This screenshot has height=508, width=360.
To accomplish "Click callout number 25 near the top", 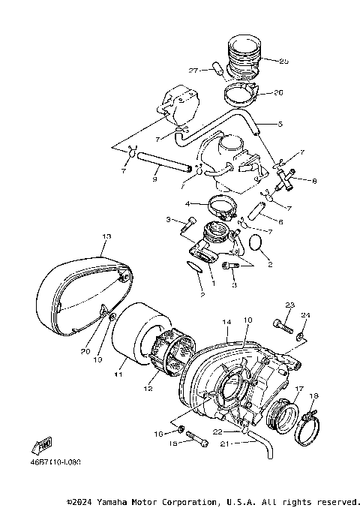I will [283, 62].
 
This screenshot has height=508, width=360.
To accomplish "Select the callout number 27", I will [193, 71].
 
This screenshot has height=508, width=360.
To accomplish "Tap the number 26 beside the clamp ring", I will [279, 94].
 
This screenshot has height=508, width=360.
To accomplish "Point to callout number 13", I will [106, 236].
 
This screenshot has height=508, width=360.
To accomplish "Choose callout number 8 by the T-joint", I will [313, 180].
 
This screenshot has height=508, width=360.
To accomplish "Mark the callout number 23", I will [288, 305].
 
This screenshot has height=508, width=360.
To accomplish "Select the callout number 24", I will [305, 315].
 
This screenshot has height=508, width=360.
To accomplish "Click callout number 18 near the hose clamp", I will [313, 395].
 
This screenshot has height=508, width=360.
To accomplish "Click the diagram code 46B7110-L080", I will [57, 462].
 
